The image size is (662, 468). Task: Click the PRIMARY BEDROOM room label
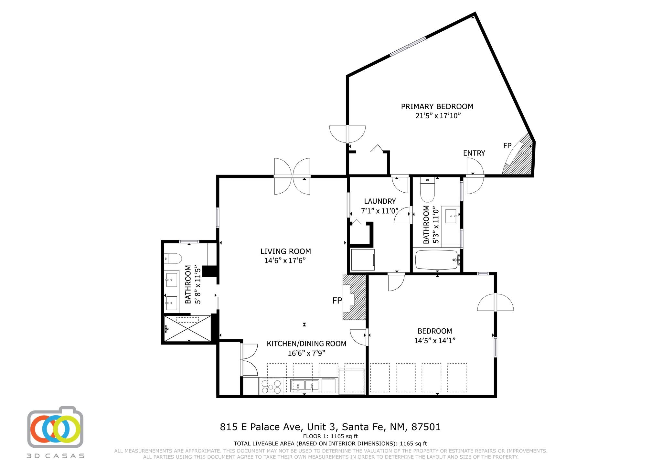point(437,106)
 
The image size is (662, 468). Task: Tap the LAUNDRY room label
point(380,201)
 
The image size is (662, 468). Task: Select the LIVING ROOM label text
point(286,251)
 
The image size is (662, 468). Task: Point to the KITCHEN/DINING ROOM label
point(306,344)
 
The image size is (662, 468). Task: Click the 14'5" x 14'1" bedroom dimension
point(435,341)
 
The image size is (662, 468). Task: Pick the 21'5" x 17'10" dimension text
point(438,116)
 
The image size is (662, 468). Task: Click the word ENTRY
point(474,153)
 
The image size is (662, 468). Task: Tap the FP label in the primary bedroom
point(507,146)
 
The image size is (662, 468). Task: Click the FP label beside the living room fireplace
point(337,301)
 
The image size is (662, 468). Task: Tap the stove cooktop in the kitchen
point(271,386)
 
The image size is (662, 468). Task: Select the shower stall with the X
point(187,328)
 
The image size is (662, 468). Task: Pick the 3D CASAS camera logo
point(55,427)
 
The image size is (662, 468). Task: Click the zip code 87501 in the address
point(426,427)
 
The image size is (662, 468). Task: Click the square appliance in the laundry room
point(363,260)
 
